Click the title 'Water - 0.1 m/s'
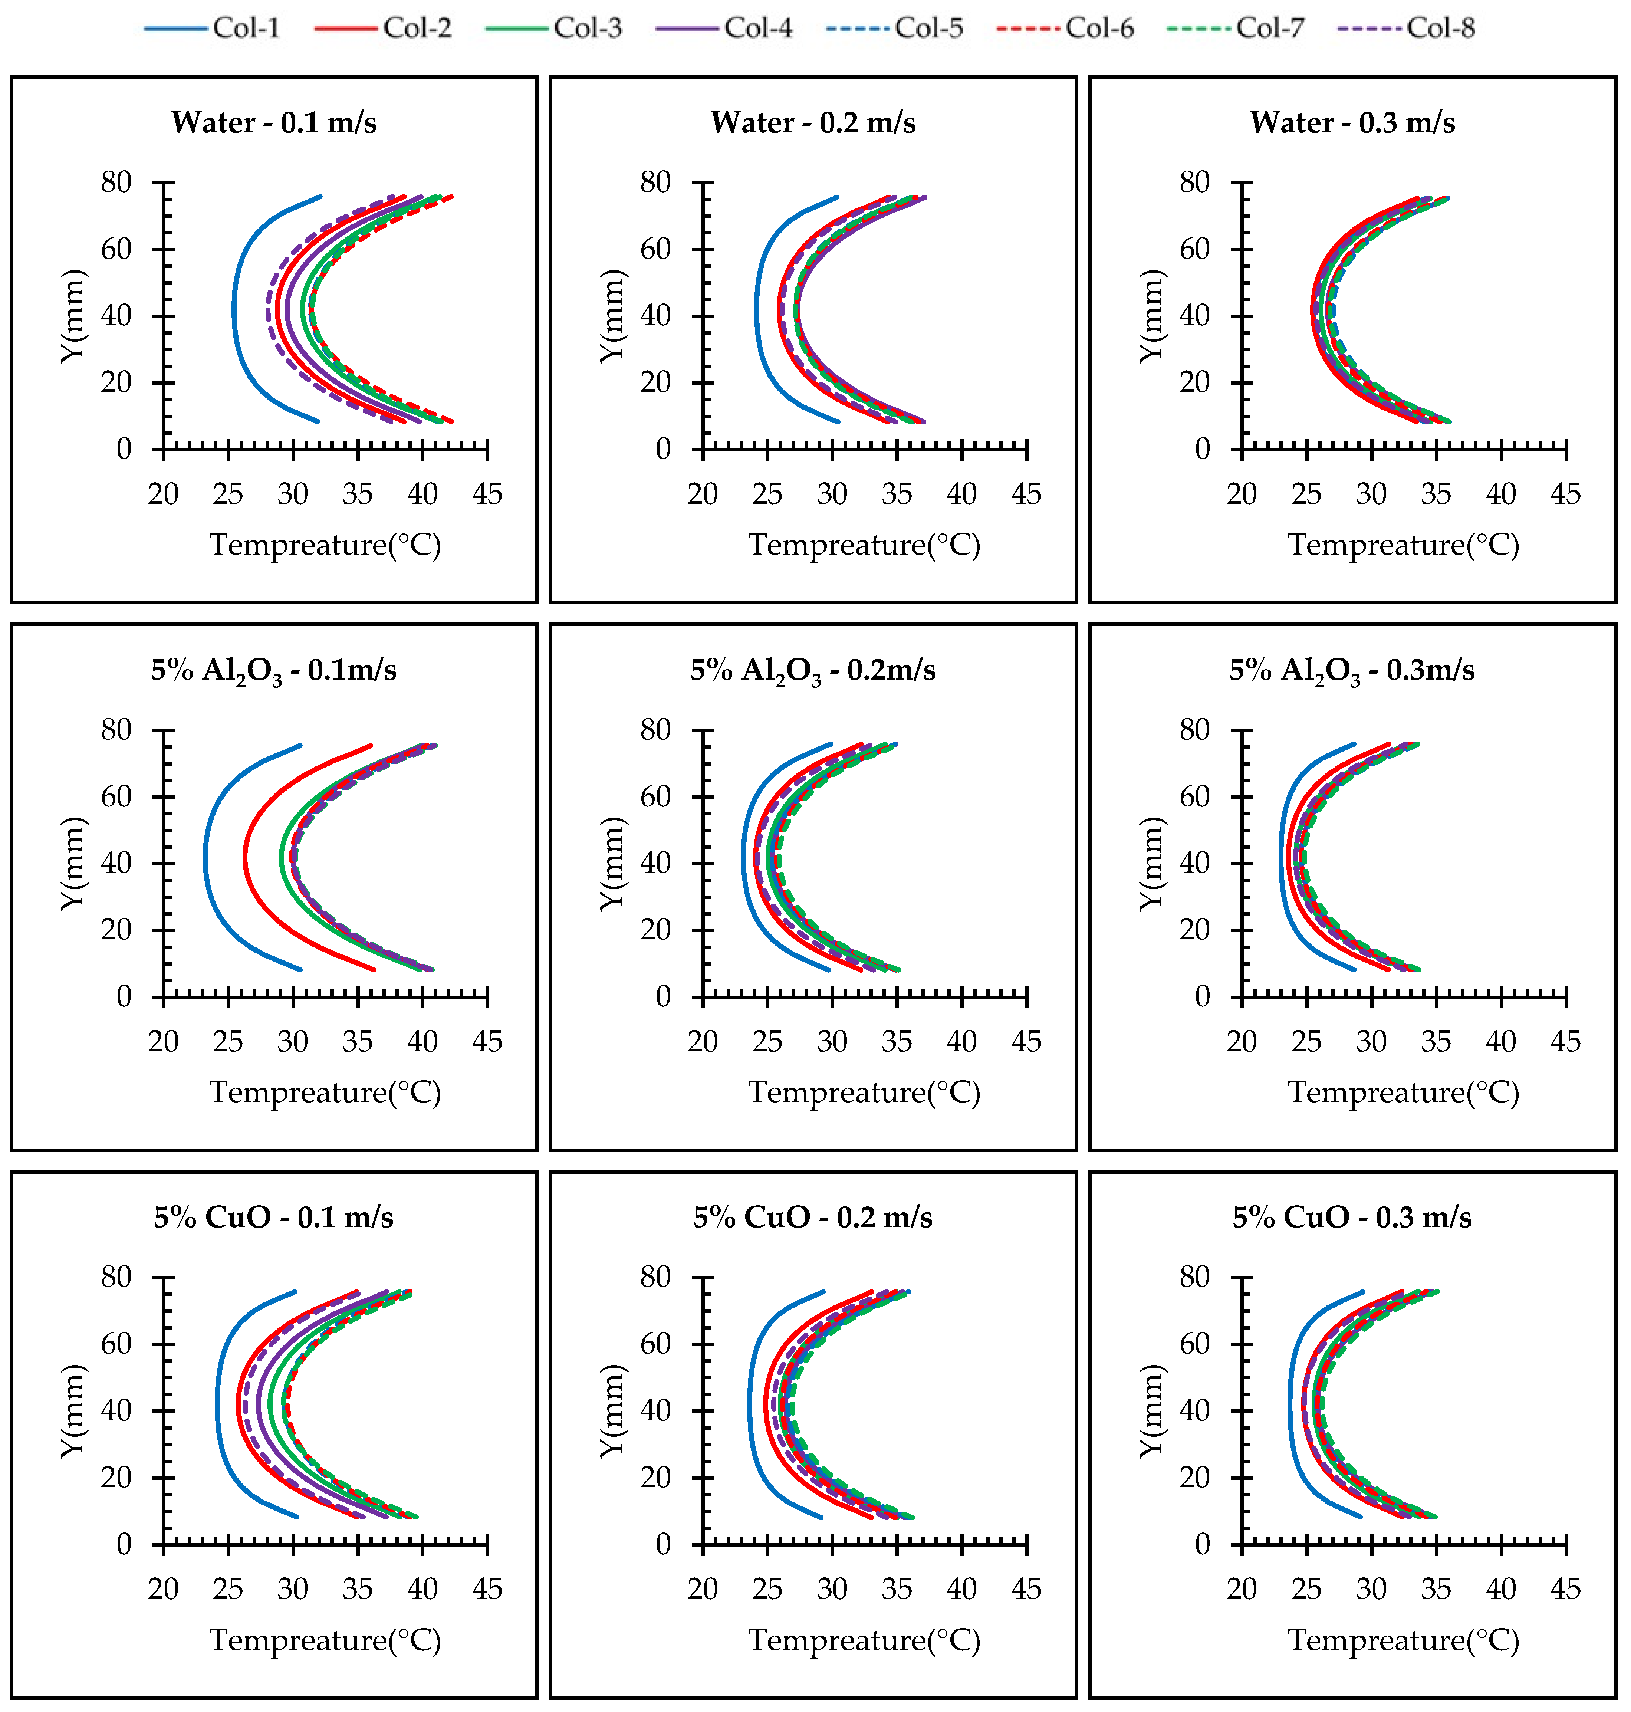pos(274,122)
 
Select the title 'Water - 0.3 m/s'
pos(1352,122)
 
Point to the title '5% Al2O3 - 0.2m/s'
pos(813,670)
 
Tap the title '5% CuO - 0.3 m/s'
pos(1352,1217)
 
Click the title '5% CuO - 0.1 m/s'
pos(274,1217)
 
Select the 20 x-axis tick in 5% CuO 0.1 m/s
pos(164,1590)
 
